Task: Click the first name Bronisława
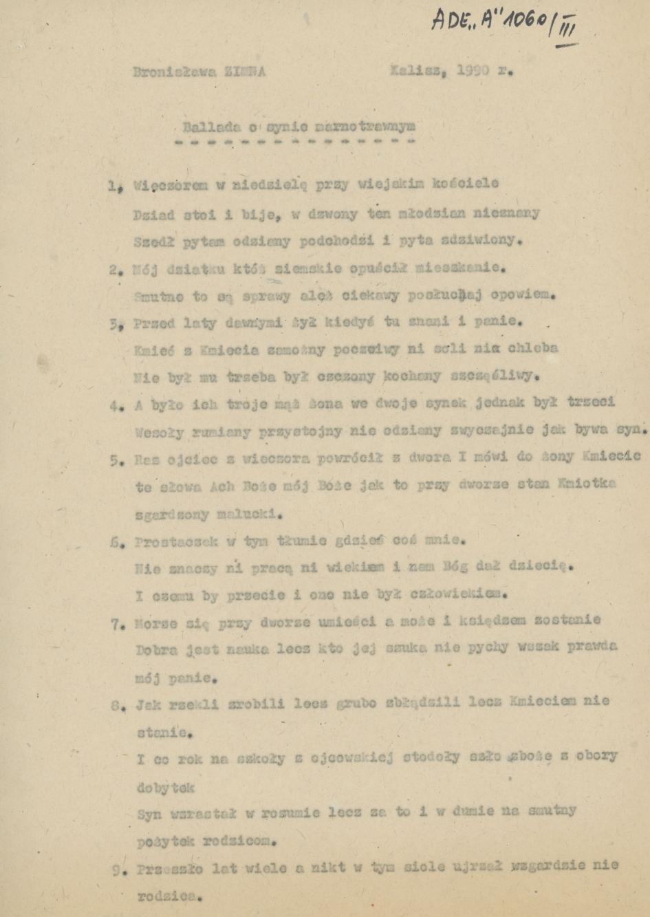[173, 72]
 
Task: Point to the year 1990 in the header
[473, 70]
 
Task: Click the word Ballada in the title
[206, 127]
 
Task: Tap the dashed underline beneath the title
[295, 142]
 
